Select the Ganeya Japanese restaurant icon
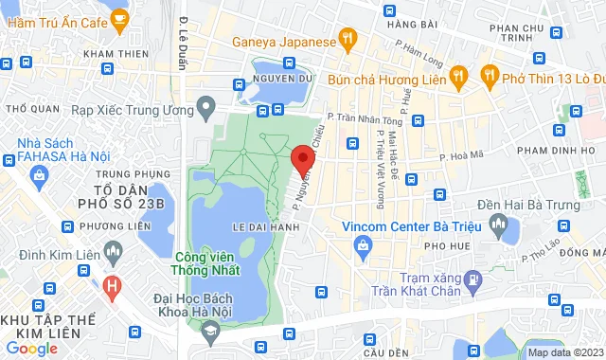[348, 41]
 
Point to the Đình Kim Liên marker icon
[114, 254]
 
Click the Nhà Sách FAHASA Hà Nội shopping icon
[39, 175]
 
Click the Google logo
[31, 348]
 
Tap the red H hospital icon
[113, 284]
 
